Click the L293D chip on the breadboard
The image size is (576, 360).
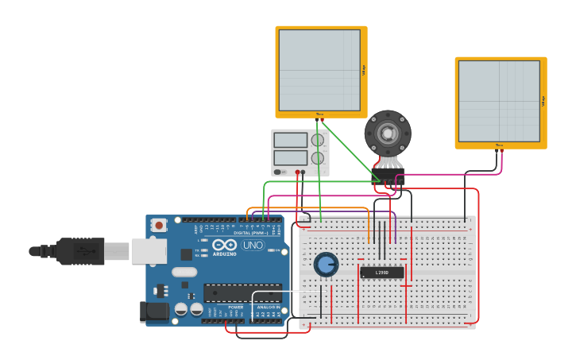point(381,273)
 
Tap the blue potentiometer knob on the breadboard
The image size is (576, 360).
point(326,264)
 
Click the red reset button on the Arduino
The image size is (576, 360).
point(159,226)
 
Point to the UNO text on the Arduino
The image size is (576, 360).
point(253,246)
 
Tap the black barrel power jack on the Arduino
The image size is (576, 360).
point(154,312)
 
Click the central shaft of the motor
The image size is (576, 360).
point(388,133)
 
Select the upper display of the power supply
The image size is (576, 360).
point(290,141)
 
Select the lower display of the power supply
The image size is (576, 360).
point(290,157)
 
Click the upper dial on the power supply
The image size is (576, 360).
point(318,141)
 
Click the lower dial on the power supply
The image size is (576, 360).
point(318,158)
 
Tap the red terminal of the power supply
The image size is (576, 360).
point(298,172)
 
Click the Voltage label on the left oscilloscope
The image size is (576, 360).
point(364,70)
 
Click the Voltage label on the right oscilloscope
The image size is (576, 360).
point(543,101)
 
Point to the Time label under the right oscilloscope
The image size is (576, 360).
point(499,145)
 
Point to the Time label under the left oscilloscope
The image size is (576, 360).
point(319,114)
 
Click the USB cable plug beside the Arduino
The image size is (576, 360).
point(79,251)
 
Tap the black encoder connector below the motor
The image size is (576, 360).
point(388,175)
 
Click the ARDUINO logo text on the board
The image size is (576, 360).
point(225,254)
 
